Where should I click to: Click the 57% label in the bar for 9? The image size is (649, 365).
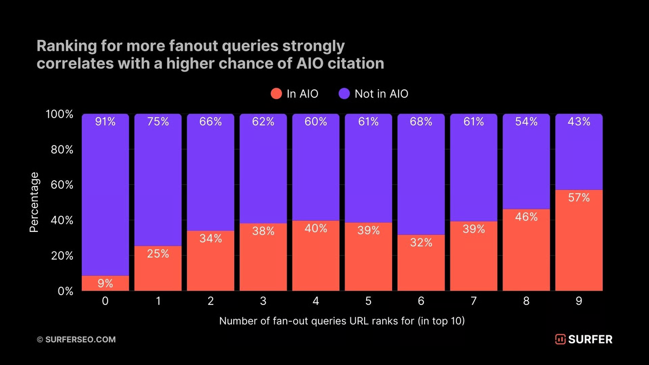579,198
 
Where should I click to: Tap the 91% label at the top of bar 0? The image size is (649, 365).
105,122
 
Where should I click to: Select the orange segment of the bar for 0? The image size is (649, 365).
105,283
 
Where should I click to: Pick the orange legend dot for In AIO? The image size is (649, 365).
276,94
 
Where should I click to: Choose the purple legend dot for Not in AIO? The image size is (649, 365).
345,94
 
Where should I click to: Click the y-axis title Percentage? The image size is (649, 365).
34,202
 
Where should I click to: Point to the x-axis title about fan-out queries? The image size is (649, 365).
342,321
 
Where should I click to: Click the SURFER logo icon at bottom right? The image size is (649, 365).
560,340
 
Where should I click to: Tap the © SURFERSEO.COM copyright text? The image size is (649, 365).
76,340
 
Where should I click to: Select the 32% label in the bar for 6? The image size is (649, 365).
421,243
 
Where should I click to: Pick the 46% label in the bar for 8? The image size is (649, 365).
526,217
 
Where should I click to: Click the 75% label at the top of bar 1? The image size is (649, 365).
158,122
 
